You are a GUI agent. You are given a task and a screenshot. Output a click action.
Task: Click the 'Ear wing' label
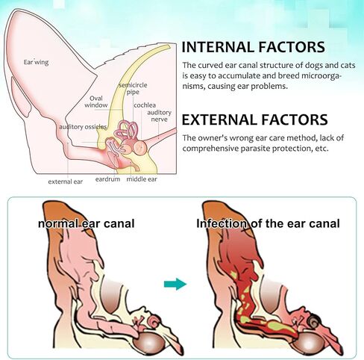pyautogui.click(x=36, y=62)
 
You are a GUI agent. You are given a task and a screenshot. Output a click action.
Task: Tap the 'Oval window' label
pyautogui.click(x=96, y=102)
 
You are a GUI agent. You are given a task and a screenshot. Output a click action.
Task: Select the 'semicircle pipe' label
pyautogui.click(x=133, y=88)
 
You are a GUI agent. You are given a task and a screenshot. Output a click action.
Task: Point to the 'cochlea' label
pyautogui.click(x=145, y=105)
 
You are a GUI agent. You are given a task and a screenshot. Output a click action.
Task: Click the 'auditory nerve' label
pyautogui.click(x=159, y=116)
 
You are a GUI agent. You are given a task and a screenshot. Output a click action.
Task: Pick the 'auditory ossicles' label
pyautogui.click(x=83, y=127)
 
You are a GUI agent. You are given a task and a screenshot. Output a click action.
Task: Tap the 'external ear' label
pyautogui.click(x=66, y=181)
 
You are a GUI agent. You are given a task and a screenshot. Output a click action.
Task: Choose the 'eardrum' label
pyautogui.click(x=107, y=179)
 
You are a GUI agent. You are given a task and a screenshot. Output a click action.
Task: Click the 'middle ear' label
pyautogui.click(x=142, y=179)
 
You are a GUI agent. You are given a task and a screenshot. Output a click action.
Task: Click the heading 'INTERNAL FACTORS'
pyautogui.click(x=253, y=47)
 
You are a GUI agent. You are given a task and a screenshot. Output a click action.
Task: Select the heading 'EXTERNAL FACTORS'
pyautogui.click(x=254, y=120)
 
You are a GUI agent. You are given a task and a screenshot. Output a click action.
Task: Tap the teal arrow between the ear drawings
pyautogui.click(x=175, y=284)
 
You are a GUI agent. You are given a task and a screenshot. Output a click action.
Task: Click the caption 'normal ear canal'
pyautogui.click(x=87, y=223)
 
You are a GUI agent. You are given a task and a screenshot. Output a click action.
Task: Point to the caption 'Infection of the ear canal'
pyautogui.click(x=268, y=223)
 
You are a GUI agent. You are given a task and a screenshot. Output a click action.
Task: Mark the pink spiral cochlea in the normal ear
pyautogui.click(x=154, y=321)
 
